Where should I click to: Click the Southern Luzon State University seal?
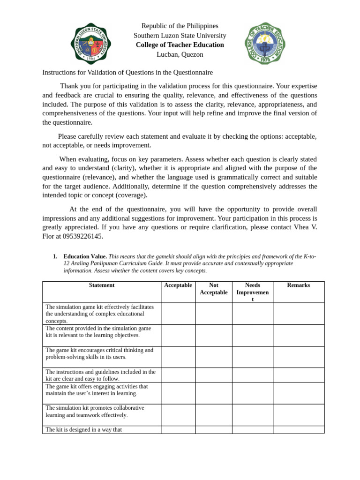click(x=90, y=43)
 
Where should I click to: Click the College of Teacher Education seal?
click(x=265, y=43)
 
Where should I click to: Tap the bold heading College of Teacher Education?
click(x=180, y=45)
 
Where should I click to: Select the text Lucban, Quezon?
click(x=180, y=54)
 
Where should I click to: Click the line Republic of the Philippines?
click(x=180, y=26)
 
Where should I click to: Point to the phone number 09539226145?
click(x=82, y=236)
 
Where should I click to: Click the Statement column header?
click(x=102, y=285)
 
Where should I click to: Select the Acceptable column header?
click(x=178, y=285)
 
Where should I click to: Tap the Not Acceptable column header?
click(x=214, y=289)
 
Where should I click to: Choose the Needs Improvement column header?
click(x=252, y=292)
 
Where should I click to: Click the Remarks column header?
click(x=298, y=285)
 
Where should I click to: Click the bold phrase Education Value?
click(x=85, y=257)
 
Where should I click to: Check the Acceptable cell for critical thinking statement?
click(x=178, y=357)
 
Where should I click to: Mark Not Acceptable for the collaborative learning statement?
click(x=214, y=415)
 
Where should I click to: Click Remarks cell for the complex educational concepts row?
click(x=298, y=314)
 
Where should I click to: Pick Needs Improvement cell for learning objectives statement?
click(x=252, y=335)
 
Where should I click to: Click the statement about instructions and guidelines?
click(x=100, y=375)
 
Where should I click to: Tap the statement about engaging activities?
click(x=97, y=390)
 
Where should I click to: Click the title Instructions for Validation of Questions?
click(x=127, y=73)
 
